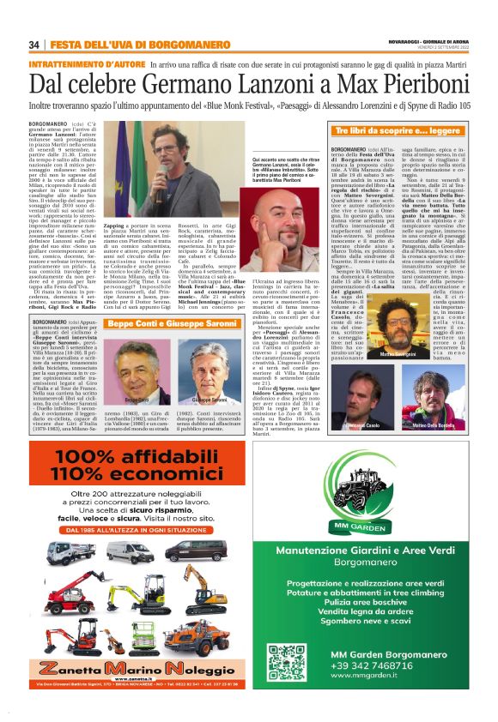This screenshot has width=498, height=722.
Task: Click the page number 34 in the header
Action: (x=33, y=45)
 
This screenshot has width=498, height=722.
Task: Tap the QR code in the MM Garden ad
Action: (x=287, y=661)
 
